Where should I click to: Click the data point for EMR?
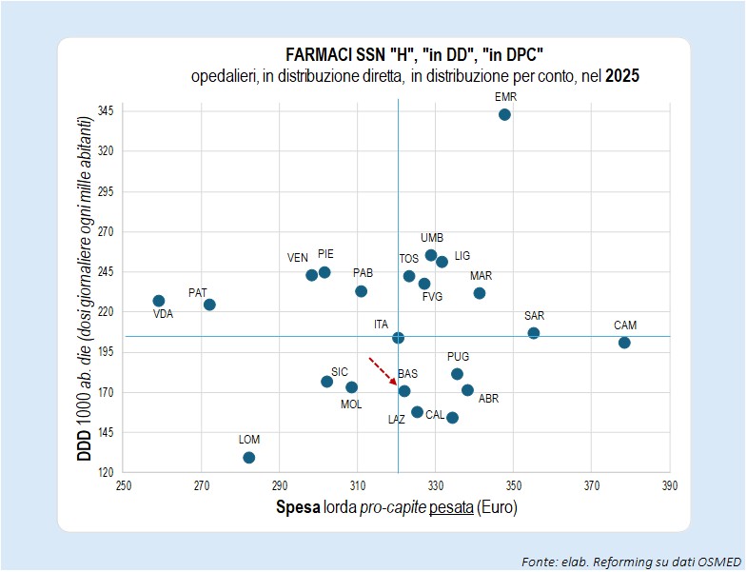[x=504, y=114]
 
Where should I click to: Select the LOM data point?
[x=248, y=458]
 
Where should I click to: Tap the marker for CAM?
[x=624, y=343]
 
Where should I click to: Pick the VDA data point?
[x=159, y=301]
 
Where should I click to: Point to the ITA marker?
[x=398, y=338]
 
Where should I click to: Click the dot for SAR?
[x=534, y=333]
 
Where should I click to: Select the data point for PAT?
[x=209, y=305]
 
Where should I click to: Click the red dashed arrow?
[x=383, y=371]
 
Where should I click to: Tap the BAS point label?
[x=408, y=374]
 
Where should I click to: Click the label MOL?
[x=351, y=404]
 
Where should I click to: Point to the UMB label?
[x=432, y=237]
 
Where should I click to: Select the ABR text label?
[x=488, y=399]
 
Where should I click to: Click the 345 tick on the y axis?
[x=106, y=111]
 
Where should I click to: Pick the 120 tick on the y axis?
[x=106, y=473]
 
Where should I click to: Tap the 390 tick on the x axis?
[x=669, y=485]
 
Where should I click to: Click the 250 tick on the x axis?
[x=124, y=485]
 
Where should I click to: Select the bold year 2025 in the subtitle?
[x=622, y=76]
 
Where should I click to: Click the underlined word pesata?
[x=451, y=507]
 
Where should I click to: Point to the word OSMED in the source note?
[x=719, y=562]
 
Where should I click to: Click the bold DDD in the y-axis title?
[x=85, y=445]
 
